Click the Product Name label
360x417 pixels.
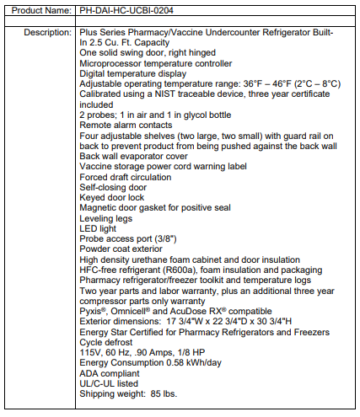tap(39, 10)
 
